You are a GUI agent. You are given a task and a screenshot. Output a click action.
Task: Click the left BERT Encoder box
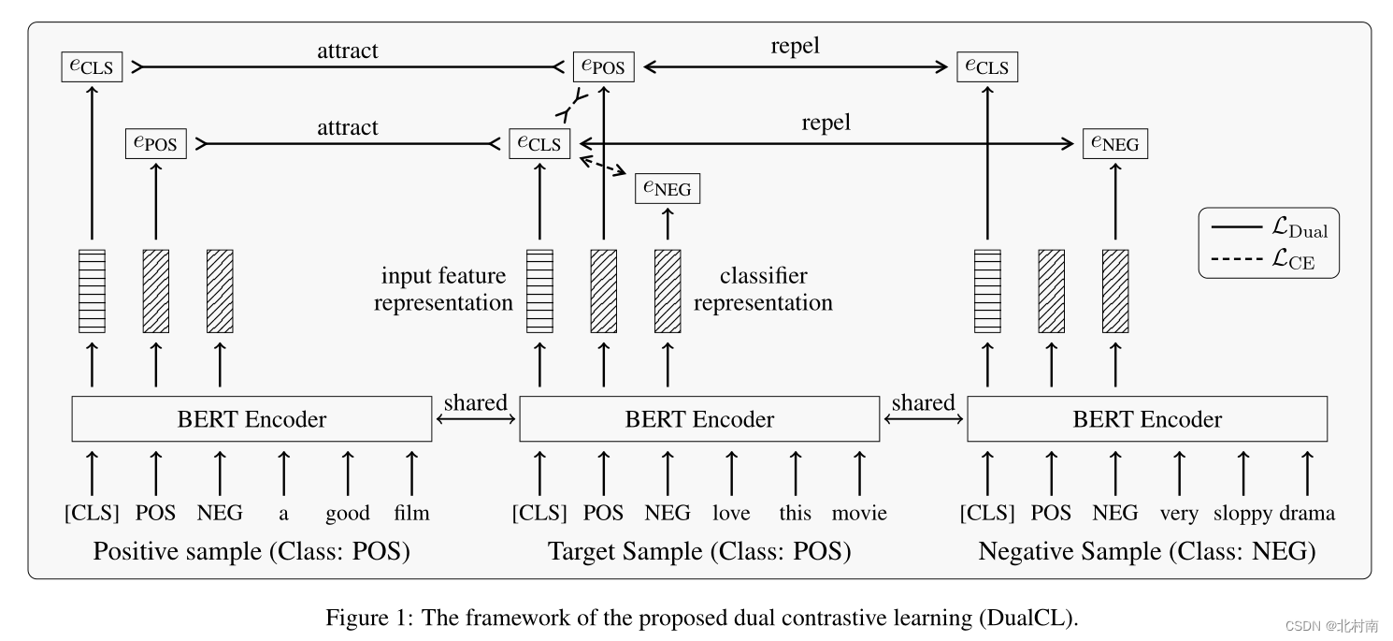tap(251, 419)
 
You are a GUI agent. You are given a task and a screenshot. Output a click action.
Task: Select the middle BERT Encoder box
tap(699, 419)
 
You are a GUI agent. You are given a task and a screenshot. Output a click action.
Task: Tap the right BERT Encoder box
tap(1147, 419)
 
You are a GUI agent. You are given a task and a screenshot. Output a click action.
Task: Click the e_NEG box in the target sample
tap(667, 189)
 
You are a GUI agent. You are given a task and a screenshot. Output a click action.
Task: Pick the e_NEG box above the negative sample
tap(1114, 144)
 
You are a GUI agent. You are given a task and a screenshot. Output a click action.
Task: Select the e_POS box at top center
tap(603, 67)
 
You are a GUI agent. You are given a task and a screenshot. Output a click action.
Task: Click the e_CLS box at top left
tap(92, 67)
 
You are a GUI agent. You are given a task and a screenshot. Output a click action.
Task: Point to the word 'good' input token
tap(348, 514)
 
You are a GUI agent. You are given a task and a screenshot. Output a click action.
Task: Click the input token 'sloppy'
tap(1242, 514)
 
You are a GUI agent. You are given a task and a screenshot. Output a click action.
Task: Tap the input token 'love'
tap(731, 514)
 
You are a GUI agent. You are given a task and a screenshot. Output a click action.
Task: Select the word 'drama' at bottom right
tap(1307, 514)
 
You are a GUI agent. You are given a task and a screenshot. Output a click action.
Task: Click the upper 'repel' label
tap(795, 48)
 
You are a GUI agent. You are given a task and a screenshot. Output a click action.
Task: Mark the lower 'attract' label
tap(347, 127)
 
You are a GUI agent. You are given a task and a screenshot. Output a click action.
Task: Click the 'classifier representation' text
tap(763, 289)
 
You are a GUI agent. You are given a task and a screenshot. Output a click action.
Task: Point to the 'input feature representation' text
tap(444, 289)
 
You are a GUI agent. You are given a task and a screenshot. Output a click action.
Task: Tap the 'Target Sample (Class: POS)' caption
tap(699, 552)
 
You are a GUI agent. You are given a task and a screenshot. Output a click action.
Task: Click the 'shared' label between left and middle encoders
tap(475, 403)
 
